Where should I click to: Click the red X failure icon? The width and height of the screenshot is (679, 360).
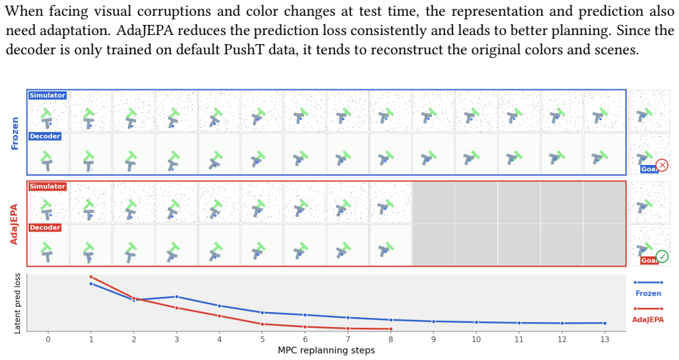pos(662,165)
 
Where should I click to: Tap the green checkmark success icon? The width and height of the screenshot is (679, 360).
pos(662,256)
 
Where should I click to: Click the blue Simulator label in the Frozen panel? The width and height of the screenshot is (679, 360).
pos(47,95)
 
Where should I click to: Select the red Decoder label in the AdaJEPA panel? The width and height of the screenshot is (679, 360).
pos(45,228)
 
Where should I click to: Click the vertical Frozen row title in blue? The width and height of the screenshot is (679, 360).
pos(15,134)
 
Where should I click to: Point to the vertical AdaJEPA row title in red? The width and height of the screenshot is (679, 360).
pos(14,224)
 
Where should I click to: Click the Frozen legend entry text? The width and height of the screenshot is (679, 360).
pos(648,294)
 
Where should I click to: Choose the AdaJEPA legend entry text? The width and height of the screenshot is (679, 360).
pos(648,320)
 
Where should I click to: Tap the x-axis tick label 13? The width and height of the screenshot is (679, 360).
pos(605,340)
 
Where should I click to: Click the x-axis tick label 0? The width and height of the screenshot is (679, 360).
pos(48,340)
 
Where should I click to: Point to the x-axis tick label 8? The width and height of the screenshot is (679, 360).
pos(390,340)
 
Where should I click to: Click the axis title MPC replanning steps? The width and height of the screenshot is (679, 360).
pos(327,351)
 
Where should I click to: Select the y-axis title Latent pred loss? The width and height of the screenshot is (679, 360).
pos(17,304)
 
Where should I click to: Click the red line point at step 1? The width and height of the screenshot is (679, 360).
pos(91,277)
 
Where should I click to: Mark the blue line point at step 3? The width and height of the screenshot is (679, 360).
pos(177,297)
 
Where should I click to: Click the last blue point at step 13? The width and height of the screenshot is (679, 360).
pos(605,324)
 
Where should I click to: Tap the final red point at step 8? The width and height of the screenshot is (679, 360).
pos(390,329)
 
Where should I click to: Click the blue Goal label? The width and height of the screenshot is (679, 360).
pos(648,169)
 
